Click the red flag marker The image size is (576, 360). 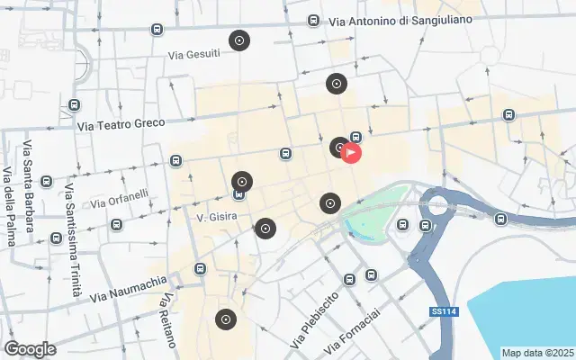pyautogui.click(x=352, y=152)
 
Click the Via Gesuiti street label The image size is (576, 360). pyautogui.click(x=193, y=54)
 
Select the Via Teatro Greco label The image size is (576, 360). pyautogui.click(x=122, y=128)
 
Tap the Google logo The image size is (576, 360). pyautogui.click(x=30, y=349)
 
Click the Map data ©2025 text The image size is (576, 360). pyautogui.click(x=537, y=353)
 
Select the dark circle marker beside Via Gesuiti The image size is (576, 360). pyautogui.click(x=239, y=40)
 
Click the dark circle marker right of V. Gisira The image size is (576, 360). pyautogui.click(x=265, y=229)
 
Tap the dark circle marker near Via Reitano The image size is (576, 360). pyautogui.click(x=225, y=319)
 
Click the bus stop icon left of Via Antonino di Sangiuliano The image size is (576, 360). pyautogui.click(x=313, y=21)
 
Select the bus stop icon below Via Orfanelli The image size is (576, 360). pyautogui.click(x=115, y=224)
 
